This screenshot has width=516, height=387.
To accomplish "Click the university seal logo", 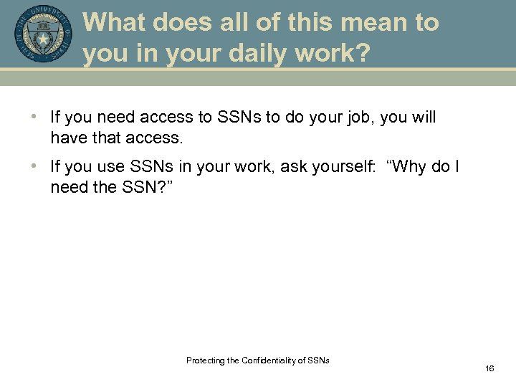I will (x=43, y=34).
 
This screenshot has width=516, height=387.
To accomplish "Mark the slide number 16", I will (x=489, y=368).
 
